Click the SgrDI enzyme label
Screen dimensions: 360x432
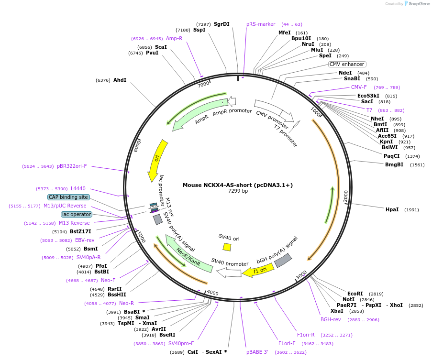coord(222,24)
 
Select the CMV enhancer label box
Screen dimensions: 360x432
coord(347,64)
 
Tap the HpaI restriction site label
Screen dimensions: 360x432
coord(392,209)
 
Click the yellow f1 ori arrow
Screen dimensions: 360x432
coord(258,271)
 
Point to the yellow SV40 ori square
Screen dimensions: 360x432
coord(227,247)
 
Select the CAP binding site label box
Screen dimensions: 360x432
coord(68,197)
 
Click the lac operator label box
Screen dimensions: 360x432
coord(76,214)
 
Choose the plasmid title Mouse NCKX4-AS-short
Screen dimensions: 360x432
coord(237,185)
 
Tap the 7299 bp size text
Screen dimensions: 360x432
coord(238,191)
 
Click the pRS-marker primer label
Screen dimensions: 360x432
coord(261,24)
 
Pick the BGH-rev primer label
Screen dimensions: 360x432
coord(331,319)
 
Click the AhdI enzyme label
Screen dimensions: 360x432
coord(120,80)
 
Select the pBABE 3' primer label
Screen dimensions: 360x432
coord(257,352)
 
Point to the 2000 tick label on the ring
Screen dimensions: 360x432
coord(345,196)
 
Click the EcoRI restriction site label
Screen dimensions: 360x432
coord(355,294)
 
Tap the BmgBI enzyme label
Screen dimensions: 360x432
coord(394,164)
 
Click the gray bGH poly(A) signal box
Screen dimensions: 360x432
coord(283,261)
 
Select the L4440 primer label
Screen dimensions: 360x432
coord(78,188)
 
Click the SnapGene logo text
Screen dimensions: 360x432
coord(417,4)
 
